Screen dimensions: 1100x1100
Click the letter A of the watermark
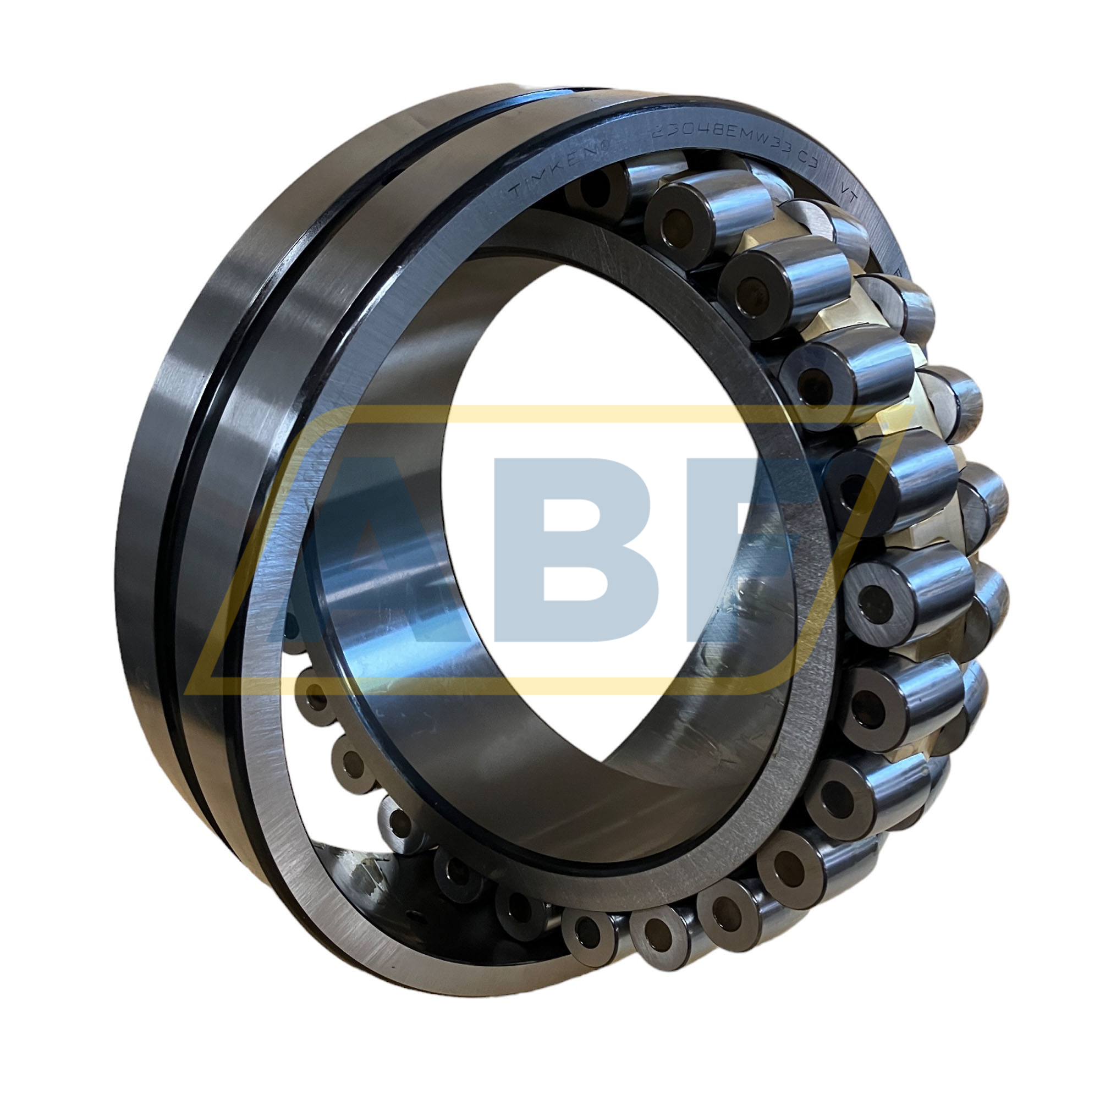click(x=365, y=547)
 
